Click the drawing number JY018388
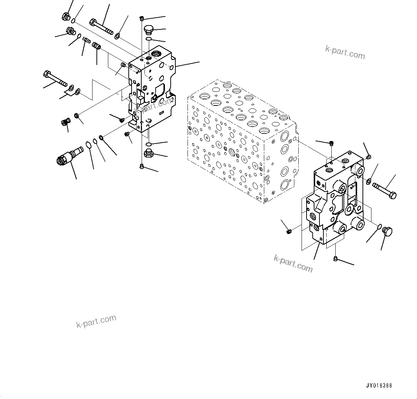point(379,386)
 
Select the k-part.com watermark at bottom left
point(96,321)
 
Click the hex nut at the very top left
point(66,16)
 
